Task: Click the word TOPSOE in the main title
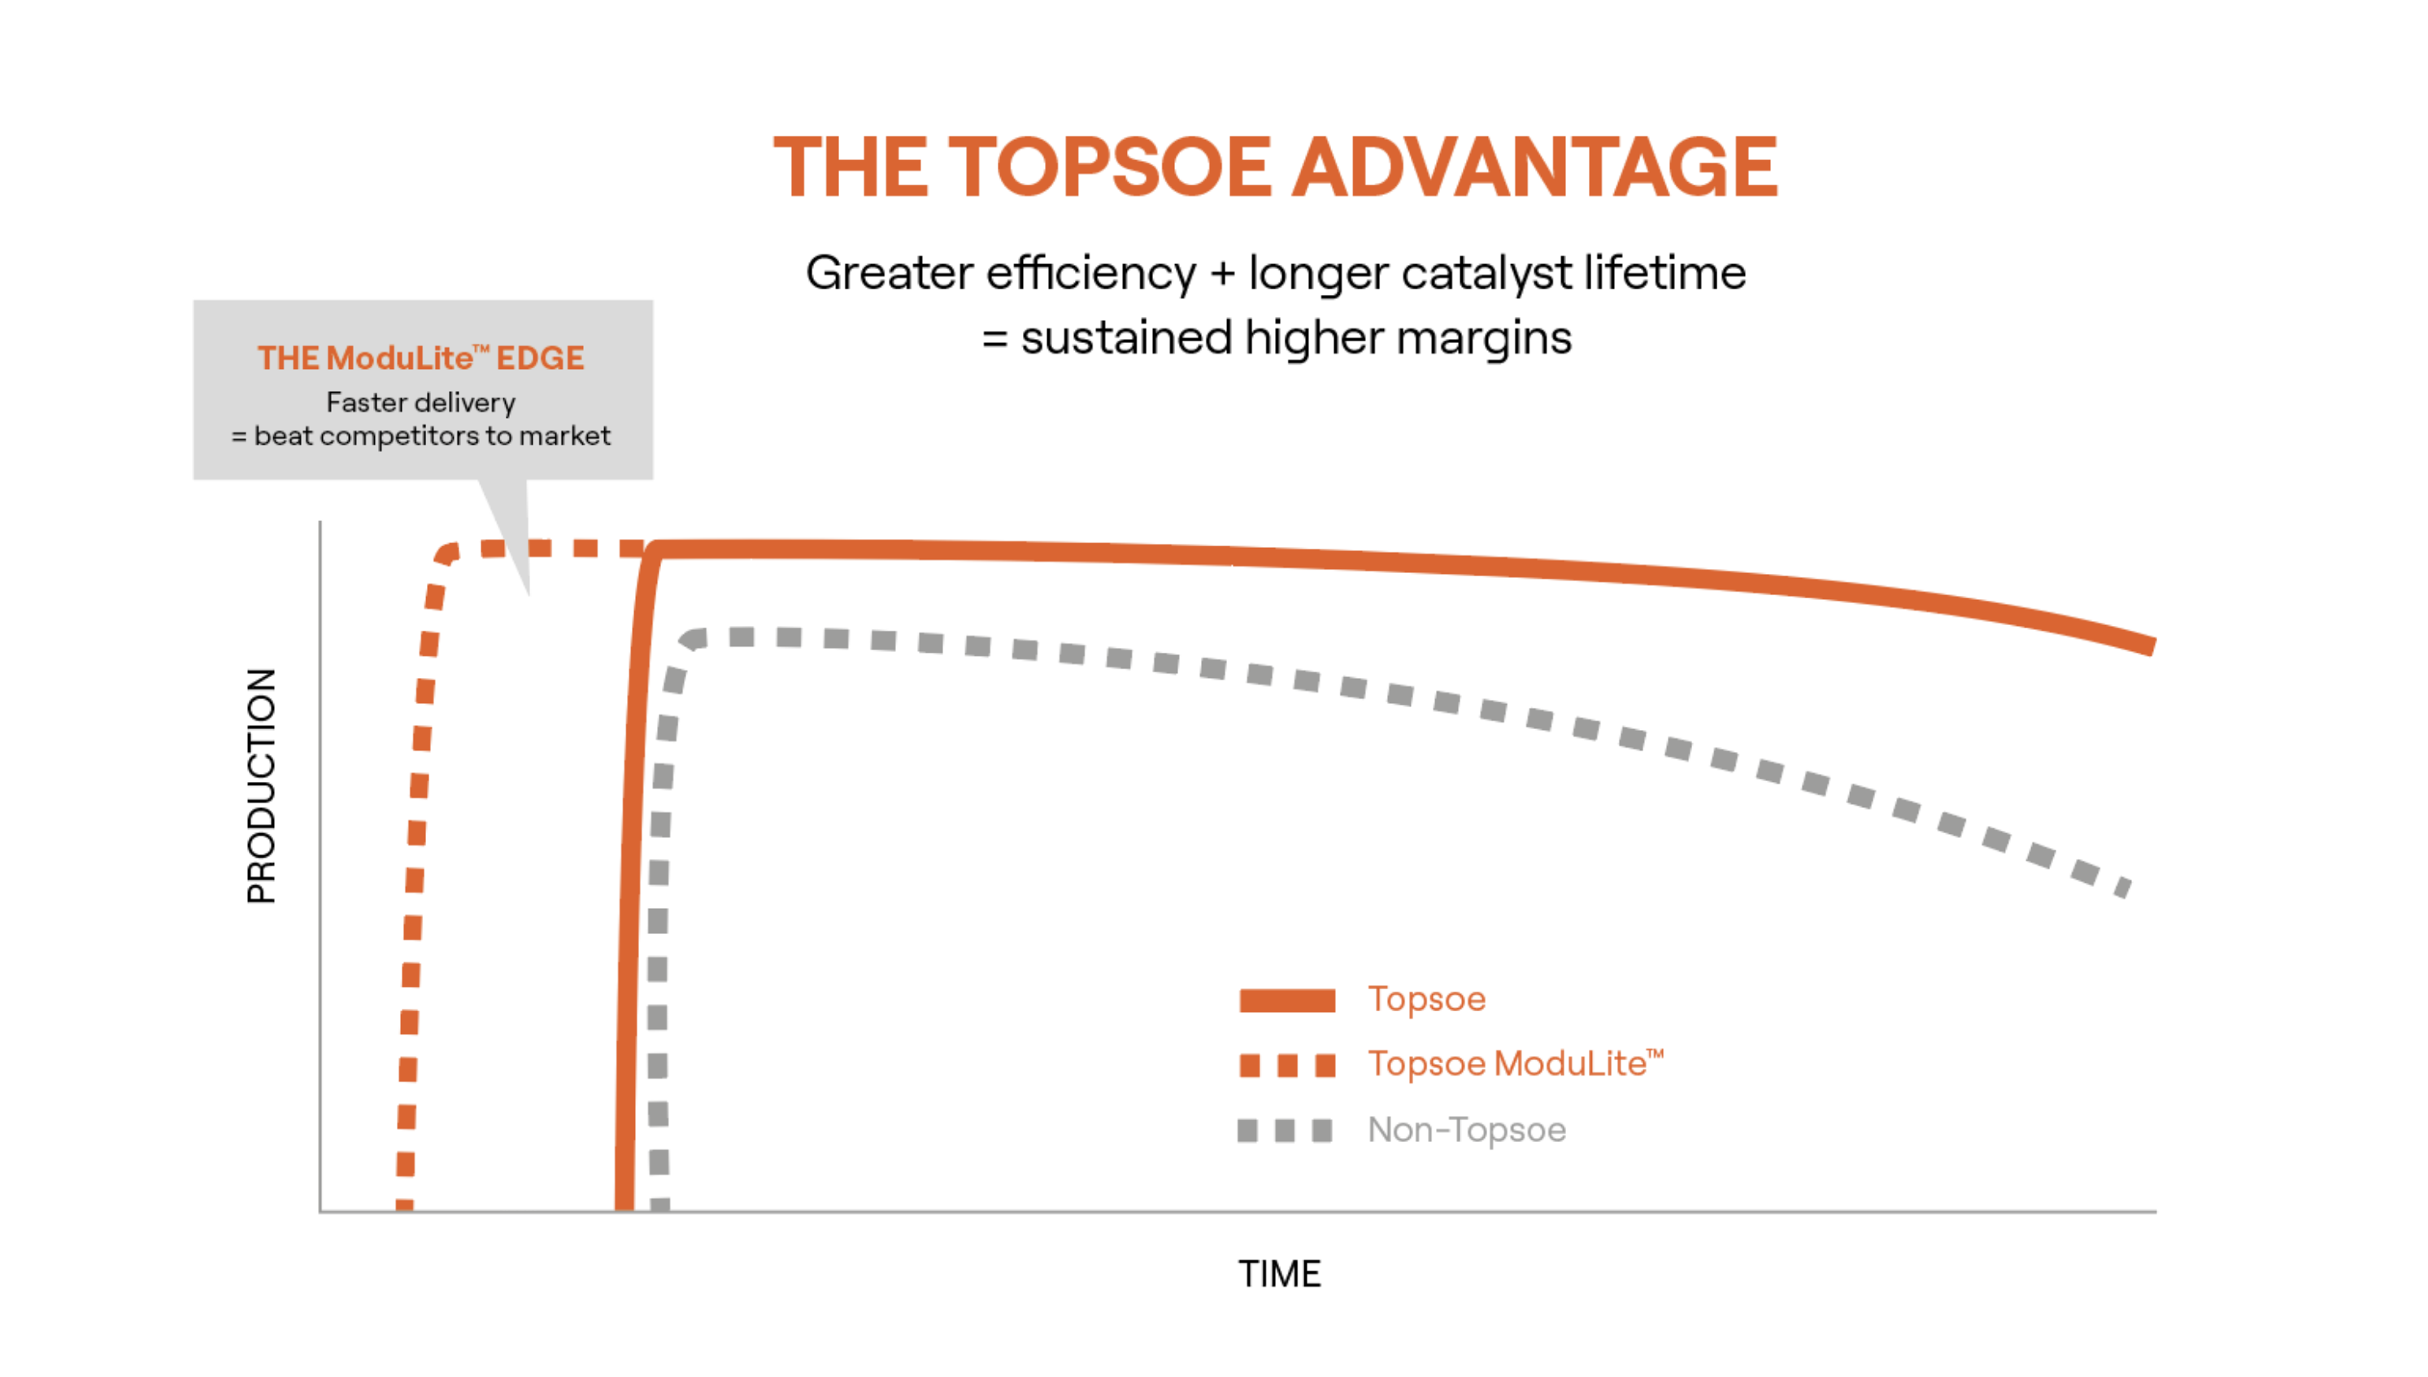[x=1108, y=167]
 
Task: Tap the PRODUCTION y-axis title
[x=262, y=785]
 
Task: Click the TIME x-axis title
[x=1279, y=1274]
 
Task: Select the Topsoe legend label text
[x=1425, y=999]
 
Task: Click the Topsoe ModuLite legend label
[x=1514, y=1064]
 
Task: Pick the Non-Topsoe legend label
[x=1466, y=1129]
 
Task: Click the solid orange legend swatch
[x=1286, y=1001]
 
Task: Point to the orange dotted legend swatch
[x=1286, y=1066]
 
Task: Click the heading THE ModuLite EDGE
[x=421, y=358]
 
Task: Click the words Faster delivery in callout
[x=421, y=403]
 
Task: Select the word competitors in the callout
[x=399, y=436]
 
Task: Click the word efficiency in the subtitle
[x=1090, y=273]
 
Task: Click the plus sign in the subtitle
[x=1222, y=273]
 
